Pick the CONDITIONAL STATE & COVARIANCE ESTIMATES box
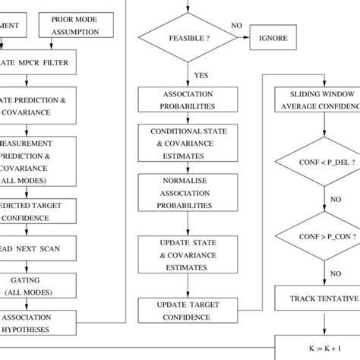[x=179, y=143]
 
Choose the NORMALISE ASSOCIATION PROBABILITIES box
[x=179, y=194]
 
